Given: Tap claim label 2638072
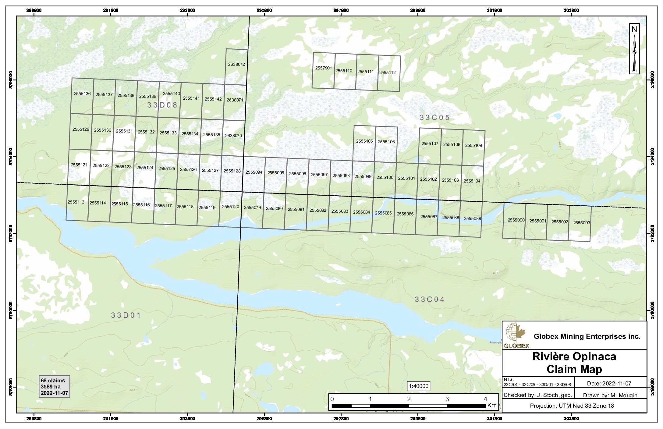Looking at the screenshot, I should [236, 64].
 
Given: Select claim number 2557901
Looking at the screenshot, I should [323, 68].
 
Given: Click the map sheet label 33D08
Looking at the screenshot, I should [162, 105].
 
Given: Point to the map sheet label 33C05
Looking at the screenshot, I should [434, 118].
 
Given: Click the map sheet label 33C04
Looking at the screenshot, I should [430, 300].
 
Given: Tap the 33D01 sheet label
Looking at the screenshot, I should [126, 315].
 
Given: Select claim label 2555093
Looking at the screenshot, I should [581, 223].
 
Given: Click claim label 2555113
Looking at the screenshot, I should [76, 202].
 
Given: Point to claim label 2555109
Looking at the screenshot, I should [473, 145].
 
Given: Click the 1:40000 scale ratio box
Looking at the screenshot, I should [418, 386].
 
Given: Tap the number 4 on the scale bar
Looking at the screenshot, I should [485, 399].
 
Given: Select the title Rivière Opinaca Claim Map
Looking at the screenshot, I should [574, 363].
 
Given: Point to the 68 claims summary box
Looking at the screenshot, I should [54, 387].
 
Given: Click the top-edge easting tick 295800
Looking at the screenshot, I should [264, 10].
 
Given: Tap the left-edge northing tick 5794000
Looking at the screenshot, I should [11, 157].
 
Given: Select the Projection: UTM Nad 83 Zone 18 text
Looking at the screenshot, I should [572, 406].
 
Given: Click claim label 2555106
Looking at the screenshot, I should [386, 142].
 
